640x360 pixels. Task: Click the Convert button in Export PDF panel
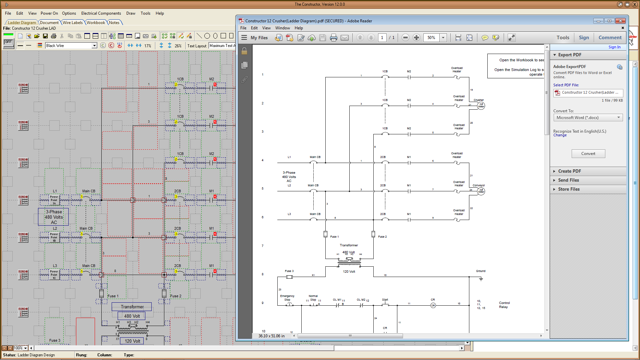click(x=588, y=154)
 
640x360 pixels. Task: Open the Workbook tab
click(x=96, y=23)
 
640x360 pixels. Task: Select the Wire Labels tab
click(x=72, y=23)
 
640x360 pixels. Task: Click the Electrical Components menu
click(x=101, y=13)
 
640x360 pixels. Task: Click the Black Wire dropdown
click(x=71, y=46)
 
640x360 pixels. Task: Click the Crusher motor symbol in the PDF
click(x=481, y=106)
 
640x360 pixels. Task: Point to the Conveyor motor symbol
click(x=481, y=191)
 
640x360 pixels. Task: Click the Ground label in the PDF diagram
click(x=480, y=271)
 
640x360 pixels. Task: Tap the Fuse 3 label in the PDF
click(x=289, y=271)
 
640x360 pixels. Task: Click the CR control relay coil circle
click(x=433, y=305)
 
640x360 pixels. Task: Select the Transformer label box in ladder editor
click(x=132, y=307)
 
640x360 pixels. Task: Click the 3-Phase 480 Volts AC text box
click(x=54, y=217)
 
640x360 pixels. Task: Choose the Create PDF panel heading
click(x=569, y=171)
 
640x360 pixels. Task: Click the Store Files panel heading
click(x=569, y=189)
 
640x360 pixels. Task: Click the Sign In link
click(x=614, y=47)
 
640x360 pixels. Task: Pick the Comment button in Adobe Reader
click(x=610, y=38)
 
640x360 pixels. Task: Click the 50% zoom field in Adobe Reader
click(x=431, y=38)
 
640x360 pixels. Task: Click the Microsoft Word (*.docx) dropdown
click(x=588, y=118)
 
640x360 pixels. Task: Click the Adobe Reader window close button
click(x=620, y=21)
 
